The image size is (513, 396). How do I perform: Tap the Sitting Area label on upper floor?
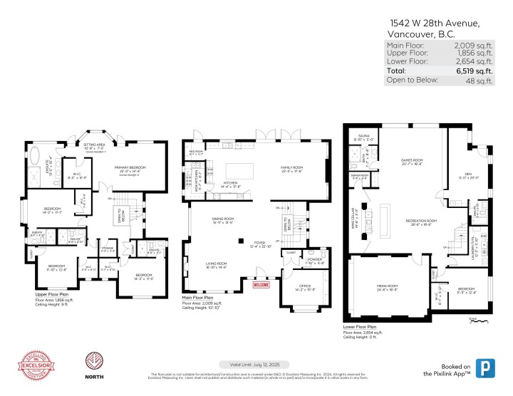(x=95, y=146)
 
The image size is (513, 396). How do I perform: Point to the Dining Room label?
(x=221, y=221)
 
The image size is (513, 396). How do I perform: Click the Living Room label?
(x=217, y=264)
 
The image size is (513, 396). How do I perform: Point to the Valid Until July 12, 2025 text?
(x=256, y=364)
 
